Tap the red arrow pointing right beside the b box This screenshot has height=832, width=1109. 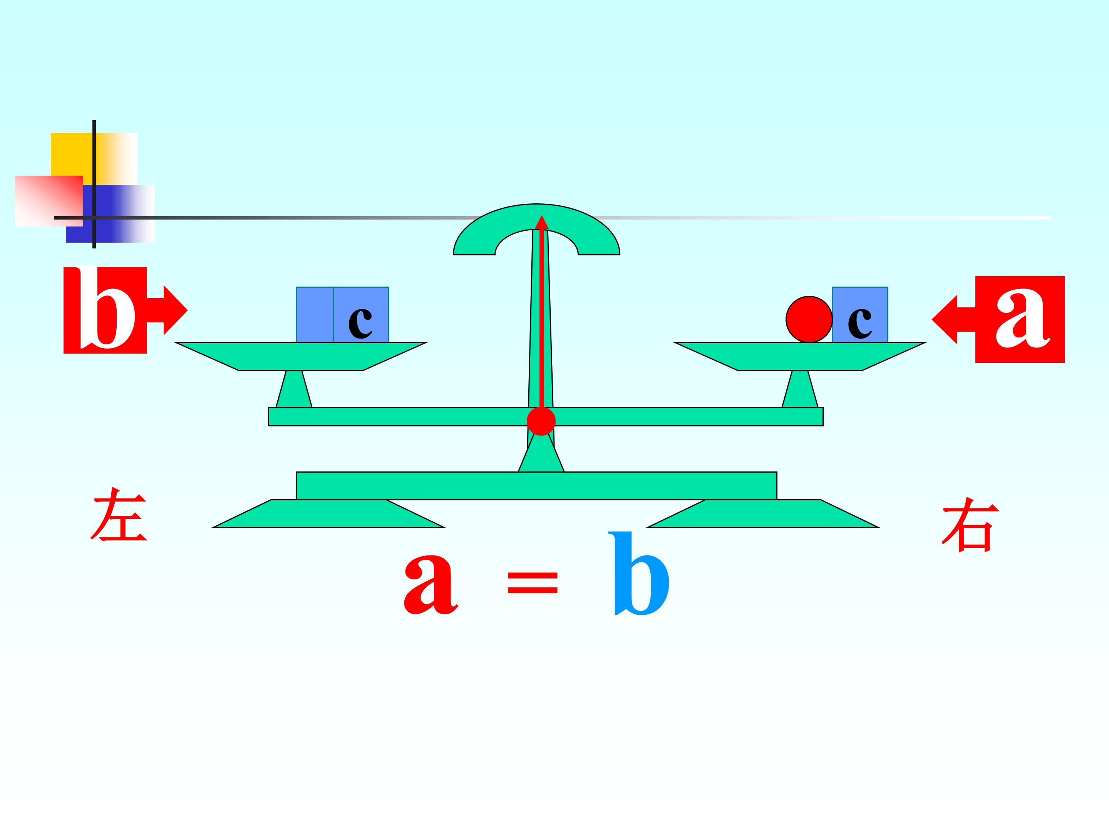point(168,310)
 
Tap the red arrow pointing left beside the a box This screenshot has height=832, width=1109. point(953,319)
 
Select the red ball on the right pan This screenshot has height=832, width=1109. point(809,319)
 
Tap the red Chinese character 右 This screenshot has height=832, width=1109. point(970,524)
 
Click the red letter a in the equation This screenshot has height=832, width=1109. point(431,585)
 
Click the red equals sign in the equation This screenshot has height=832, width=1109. point(533,583)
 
